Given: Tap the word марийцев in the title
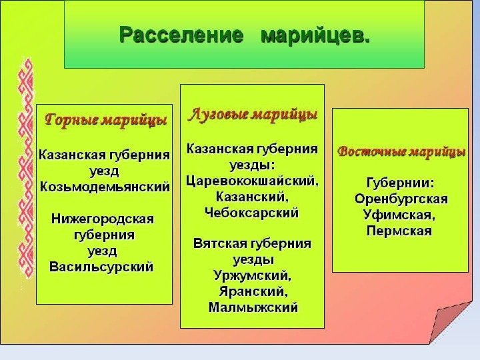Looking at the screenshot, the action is click(315, 33).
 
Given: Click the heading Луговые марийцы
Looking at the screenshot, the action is click(253, 113).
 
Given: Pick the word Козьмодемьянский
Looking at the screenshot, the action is click(105, 185).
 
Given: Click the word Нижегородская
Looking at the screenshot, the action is click(103, 219).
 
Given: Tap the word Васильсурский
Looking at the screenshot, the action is click(102, 267).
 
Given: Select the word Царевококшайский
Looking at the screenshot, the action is click(252, 181).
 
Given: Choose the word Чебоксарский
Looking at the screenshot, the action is click(252, 213).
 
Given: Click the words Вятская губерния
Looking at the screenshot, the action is click(252, 243).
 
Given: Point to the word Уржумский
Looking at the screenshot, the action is click(251, 275).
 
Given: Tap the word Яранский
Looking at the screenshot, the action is click(253, 291).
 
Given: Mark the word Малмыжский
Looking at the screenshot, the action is click(253, 307).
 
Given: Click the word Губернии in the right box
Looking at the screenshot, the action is click(401, 183).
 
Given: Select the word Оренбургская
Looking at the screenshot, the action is click(401, 199).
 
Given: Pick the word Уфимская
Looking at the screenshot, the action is click(400, 215).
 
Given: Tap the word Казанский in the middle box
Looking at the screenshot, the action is click(253, 197).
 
